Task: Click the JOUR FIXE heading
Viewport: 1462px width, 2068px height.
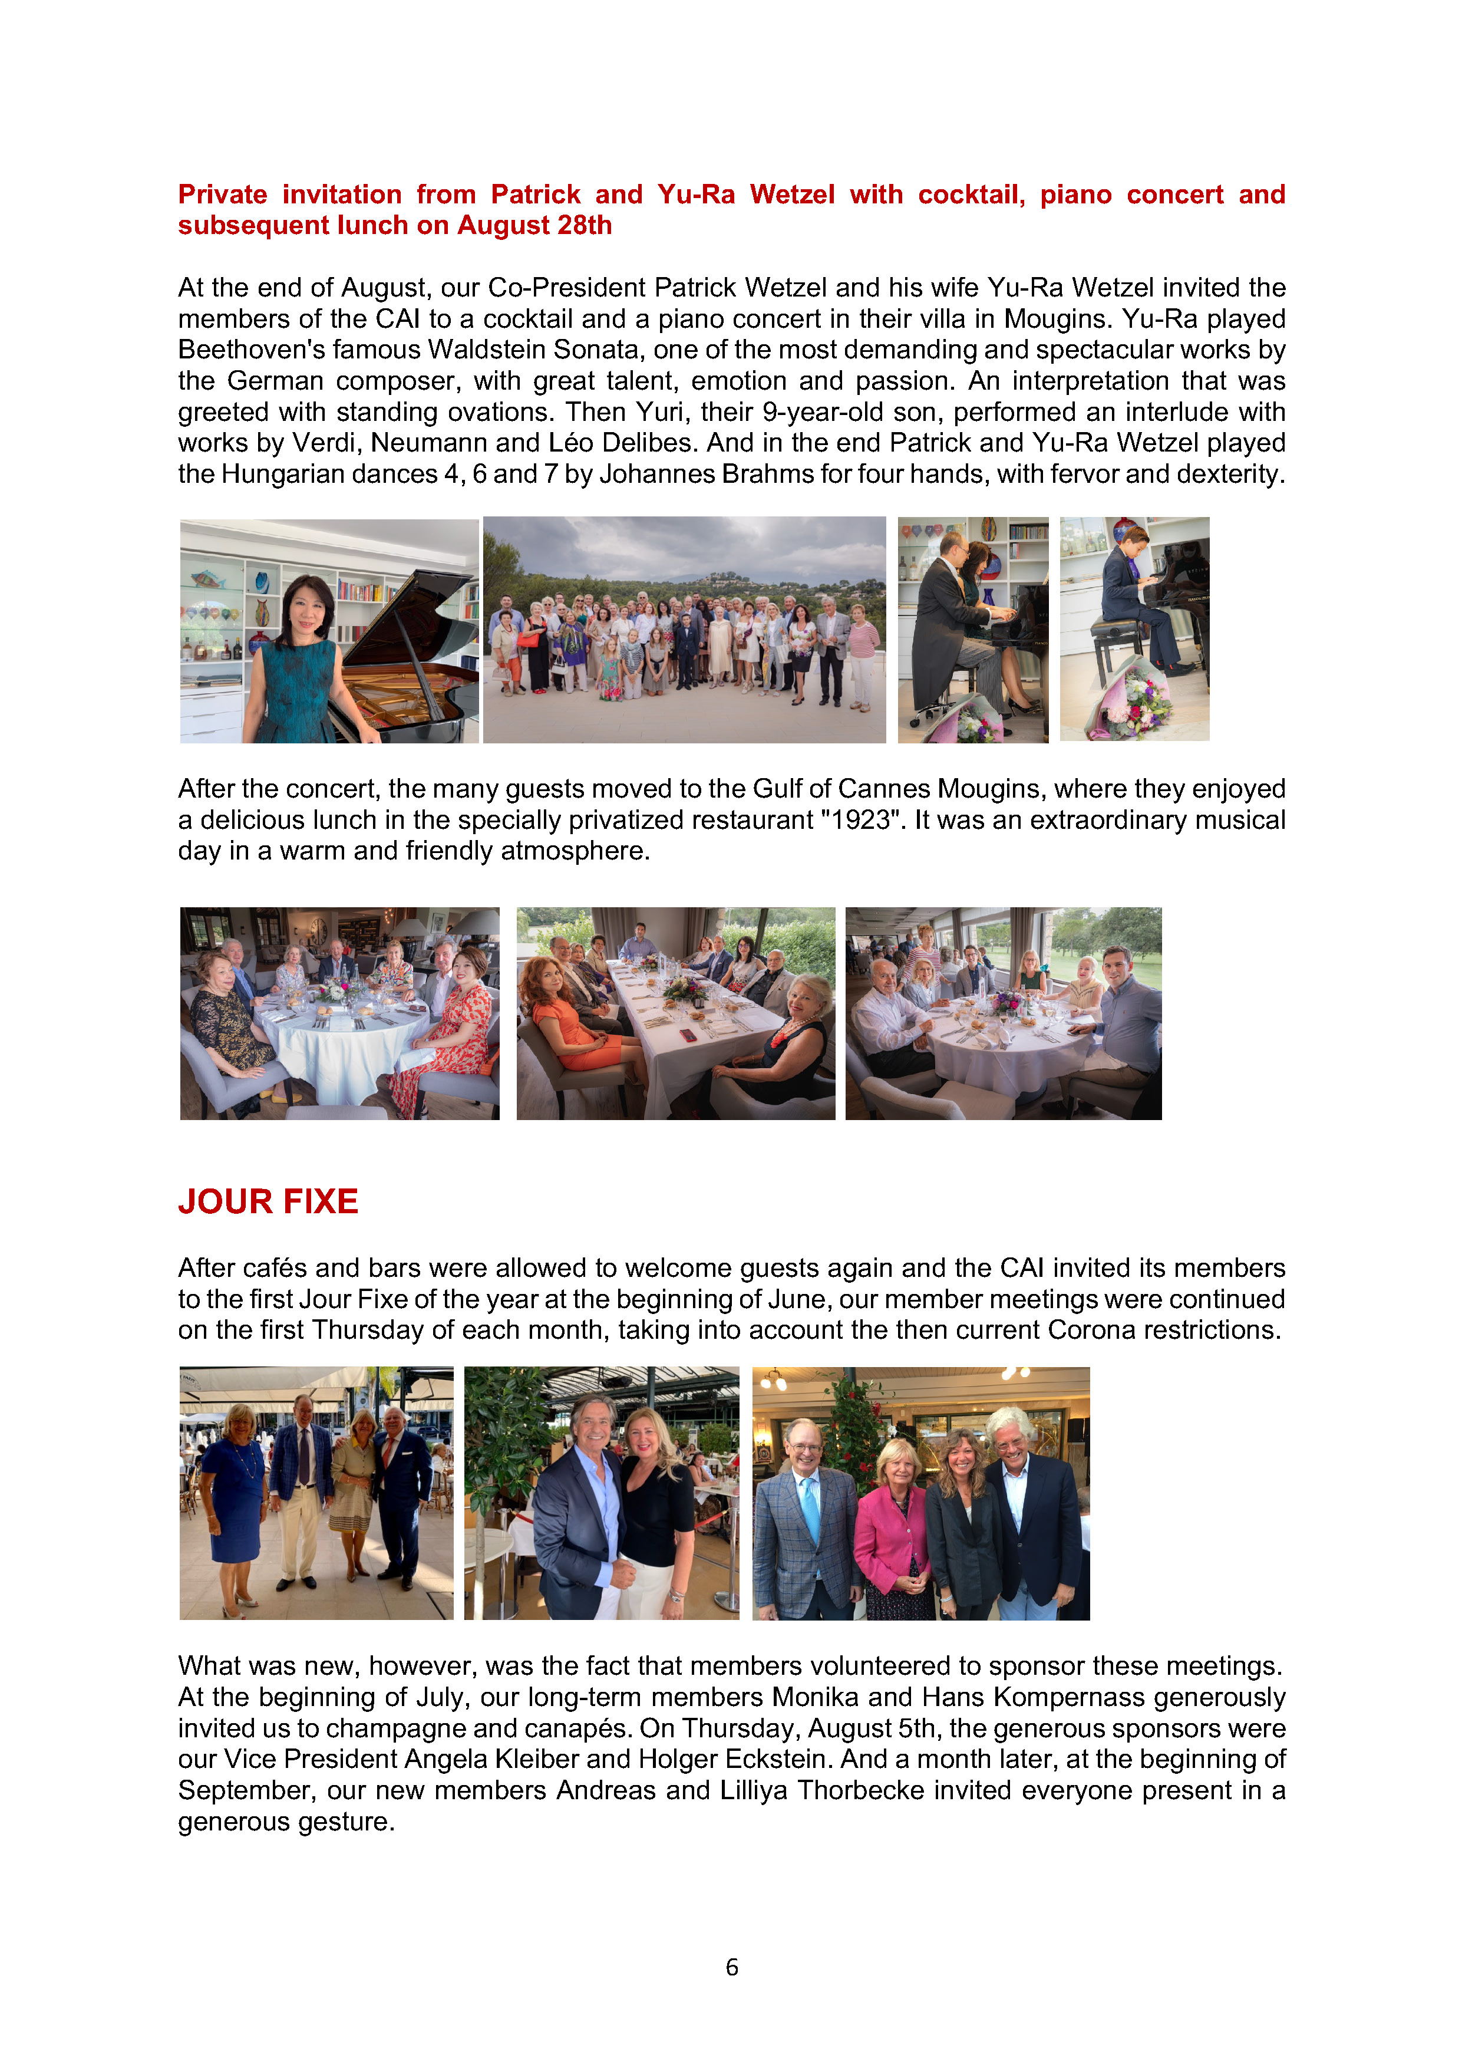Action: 268,1201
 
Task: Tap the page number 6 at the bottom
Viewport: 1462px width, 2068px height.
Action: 731,1967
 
